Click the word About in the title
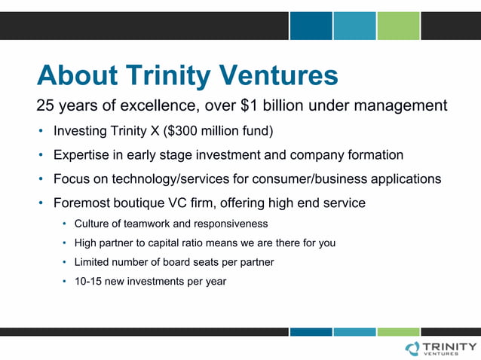pos(78,75)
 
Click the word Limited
pos(93,262)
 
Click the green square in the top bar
pos(398,26)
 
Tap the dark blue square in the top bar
pos(311,26)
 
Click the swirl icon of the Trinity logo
pos(412,347)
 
